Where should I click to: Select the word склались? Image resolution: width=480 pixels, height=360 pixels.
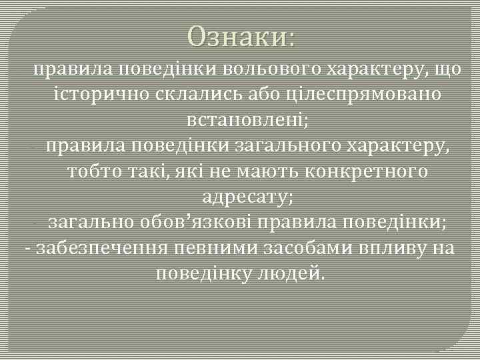coord(176,95)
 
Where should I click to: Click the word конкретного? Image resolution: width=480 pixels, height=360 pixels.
coord(366,172)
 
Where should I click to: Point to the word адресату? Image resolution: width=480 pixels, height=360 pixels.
coord(247,197)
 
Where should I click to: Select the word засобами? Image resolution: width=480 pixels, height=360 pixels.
coord(300,248)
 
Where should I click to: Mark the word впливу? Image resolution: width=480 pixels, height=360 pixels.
coord(389,248)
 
